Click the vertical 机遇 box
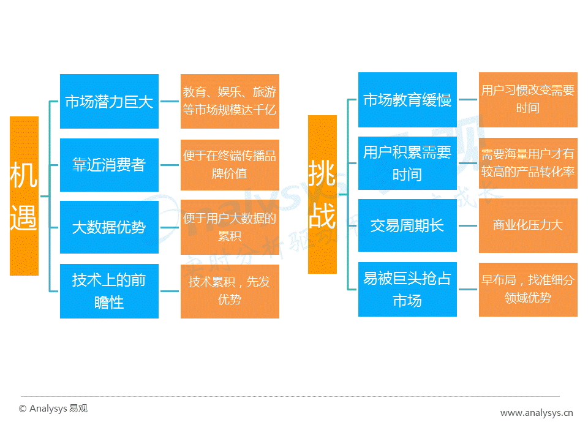[x=24, y=195]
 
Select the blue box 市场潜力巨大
[x=109, y=101]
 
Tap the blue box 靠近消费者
[x=109, y=165]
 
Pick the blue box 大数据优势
[x=109, y=227]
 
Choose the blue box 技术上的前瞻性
[x=109, y=291]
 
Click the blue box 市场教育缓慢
[x=407, y=100]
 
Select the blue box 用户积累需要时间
[x=407, y=163]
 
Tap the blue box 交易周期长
[x=407, y=225]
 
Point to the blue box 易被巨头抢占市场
[x=407, y=289]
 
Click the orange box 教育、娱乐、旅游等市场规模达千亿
[x=230, y=101]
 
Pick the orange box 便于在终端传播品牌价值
[x=230, y=165]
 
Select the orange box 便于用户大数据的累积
[x=230, y=227]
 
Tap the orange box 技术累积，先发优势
[x=230, y=291]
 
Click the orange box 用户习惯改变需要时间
[x=528, y=99]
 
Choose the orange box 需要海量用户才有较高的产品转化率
[x=528, y=163]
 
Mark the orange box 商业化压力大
[x=528, y=225]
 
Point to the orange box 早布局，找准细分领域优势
[x=528, y=289]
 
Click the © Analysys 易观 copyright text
[x=53, y=409]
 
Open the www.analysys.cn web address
[x=537, y=413]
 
